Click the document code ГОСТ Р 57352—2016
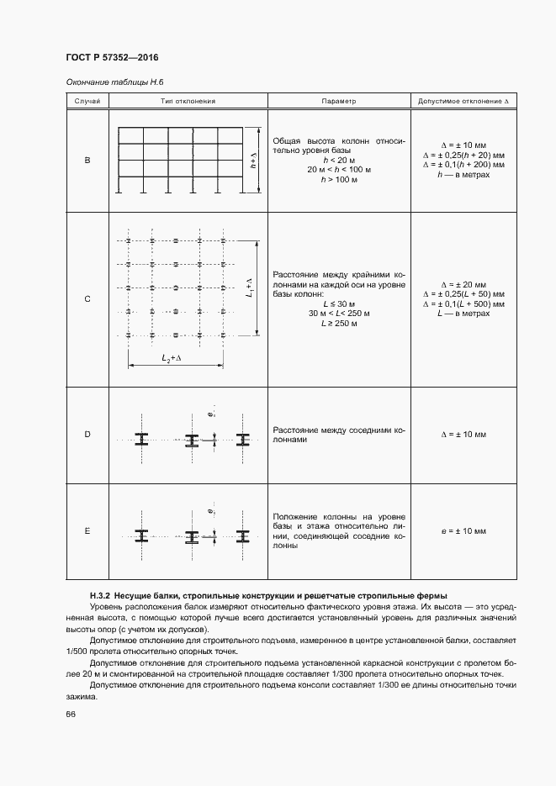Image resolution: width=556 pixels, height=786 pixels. (112, 57)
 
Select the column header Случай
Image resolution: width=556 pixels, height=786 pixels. (87, 101)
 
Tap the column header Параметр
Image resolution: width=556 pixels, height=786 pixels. (339, 101)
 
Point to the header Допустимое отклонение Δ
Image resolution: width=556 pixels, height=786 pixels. (463, 101)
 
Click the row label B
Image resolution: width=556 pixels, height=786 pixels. (87, 160)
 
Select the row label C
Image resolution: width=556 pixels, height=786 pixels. (87, 299)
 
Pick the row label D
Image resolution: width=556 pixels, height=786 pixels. (87, 435)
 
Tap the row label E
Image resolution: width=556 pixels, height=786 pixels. (87, 531)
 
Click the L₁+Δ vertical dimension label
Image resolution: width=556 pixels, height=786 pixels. (250, 287)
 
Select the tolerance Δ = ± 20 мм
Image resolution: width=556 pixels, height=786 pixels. (463, 284)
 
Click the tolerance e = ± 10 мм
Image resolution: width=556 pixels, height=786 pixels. (463, 531)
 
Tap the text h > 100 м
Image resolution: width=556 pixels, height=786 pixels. (339, 179)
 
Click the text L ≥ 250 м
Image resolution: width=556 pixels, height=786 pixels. (339, 323)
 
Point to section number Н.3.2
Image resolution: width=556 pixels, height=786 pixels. (100, 595)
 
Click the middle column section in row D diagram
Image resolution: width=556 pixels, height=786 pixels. (192, 440)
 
